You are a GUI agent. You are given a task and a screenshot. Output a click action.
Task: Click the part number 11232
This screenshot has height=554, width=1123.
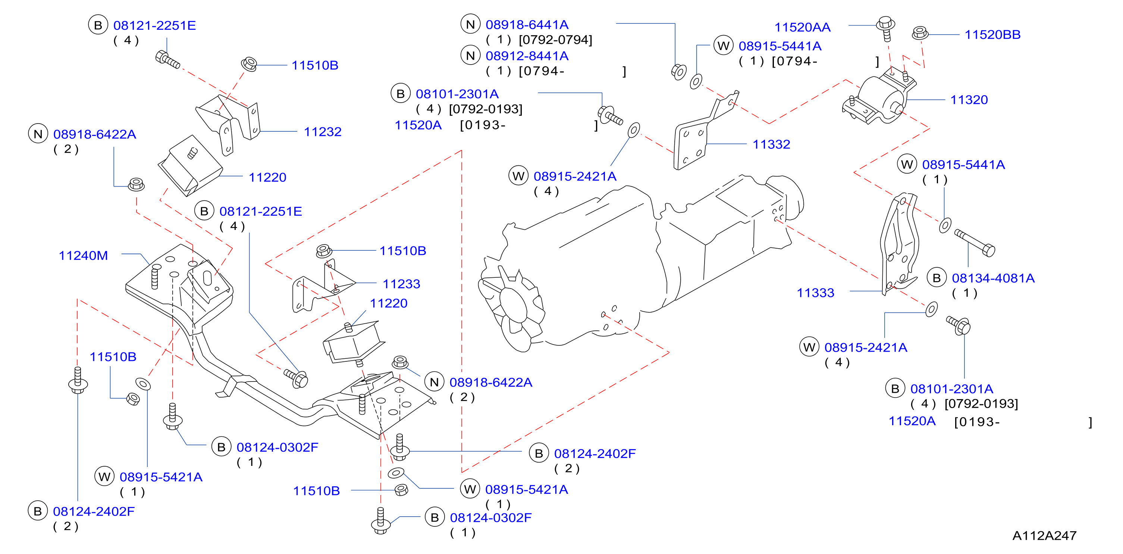[323, 132]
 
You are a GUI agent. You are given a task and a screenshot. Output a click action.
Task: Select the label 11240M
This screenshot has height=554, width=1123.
[83, 256]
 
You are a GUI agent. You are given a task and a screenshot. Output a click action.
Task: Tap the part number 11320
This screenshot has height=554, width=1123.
[969, 100]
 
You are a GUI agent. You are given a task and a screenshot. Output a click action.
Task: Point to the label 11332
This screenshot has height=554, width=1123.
[771, 144]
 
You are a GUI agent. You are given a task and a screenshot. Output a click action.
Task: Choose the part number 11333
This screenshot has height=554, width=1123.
[815, 293]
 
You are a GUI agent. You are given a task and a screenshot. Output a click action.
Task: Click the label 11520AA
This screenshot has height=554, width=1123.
[802, 28]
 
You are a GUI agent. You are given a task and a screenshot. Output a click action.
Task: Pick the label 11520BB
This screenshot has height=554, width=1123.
[993, 35]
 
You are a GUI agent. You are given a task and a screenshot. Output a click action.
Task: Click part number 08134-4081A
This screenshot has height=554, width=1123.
[993, 278]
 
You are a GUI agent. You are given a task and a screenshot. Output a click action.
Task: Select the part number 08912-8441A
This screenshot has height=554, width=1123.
[527, 56]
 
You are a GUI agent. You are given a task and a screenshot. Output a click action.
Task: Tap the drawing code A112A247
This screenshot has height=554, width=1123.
[1045, 536]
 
